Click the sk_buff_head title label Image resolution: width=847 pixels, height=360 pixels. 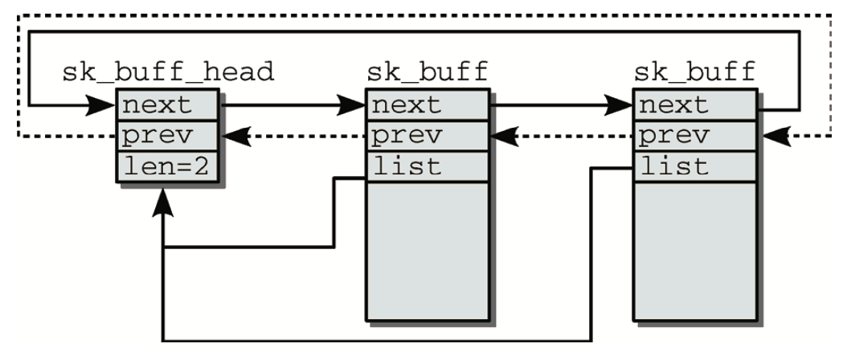coord(168,72)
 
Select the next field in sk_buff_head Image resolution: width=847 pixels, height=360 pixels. coord(167,104)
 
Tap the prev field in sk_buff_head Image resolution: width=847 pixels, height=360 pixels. coord(167,137)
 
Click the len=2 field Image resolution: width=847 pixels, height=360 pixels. coord(167,166)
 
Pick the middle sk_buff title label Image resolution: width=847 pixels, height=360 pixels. coord(427,72)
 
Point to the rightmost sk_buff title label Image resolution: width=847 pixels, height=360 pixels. coord(694,72)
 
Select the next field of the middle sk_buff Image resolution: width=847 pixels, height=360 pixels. coord(427,104)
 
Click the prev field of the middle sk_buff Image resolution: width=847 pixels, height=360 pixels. coord(427,137)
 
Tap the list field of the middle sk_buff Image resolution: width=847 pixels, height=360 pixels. coord(427,167)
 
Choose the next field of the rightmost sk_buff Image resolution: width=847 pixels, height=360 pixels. coord(694,104)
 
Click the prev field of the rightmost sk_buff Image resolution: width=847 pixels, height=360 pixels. coord(694,137)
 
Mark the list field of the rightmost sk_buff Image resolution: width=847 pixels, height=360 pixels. coord(694,167)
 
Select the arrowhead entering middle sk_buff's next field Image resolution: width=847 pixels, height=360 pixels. coord(352,104)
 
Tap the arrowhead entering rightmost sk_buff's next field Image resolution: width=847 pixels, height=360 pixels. coord(619,104)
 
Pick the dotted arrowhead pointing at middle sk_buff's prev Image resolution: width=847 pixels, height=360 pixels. coord(502,137)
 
